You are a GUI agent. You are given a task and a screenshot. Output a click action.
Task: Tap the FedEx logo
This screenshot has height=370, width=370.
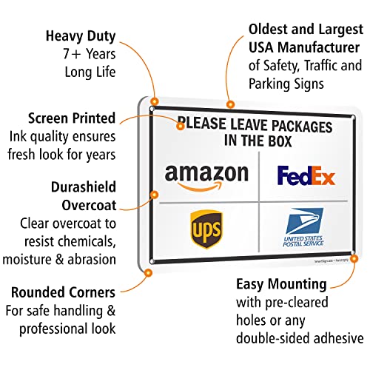[306, 175]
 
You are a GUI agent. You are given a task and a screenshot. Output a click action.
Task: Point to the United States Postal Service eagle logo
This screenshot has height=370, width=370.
[306, 223]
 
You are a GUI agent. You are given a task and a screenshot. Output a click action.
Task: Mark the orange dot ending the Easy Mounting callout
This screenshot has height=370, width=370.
[355, 259]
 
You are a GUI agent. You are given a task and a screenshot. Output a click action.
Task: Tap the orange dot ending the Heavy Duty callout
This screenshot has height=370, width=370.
[154, 101]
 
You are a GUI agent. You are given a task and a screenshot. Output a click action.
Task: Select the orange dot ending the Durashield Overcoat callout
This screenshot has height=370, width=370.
[154, 195]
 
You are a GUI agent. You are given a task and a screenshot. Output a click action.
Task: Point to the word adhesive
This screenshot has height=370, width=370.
[331, 338]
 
